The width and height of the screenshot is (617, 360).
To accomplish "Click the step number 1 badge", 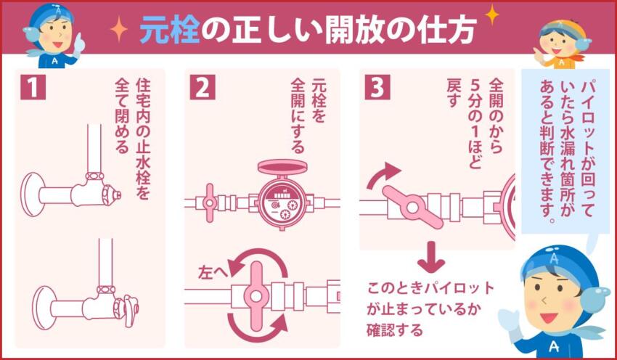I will pos(32,88).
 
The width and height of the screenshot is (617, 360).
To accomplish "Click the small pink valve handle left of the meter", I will pos(211,202).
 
